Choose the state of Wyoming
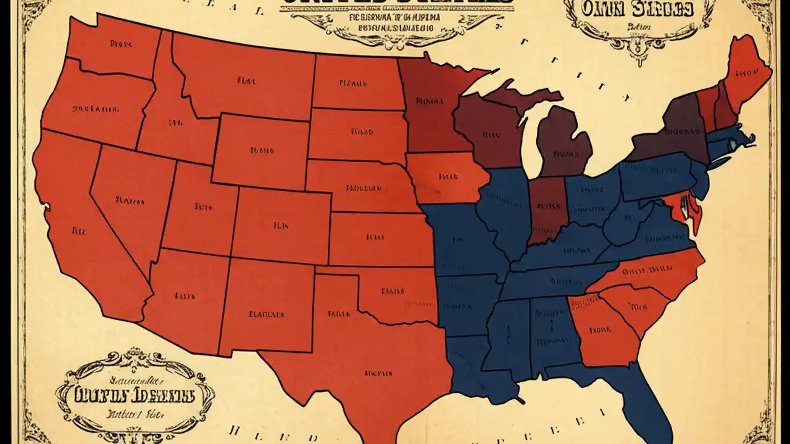pyautogui.click(x=262, y=148)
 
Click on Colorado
pyautogui.click(x=281, y=225)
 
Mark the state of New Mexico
pyautogui.click(x=265, y=308)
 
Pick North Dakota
pyautogui.click(x=355, y=83)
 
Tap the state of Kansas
pyautogui.click(x=376, y=237)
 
